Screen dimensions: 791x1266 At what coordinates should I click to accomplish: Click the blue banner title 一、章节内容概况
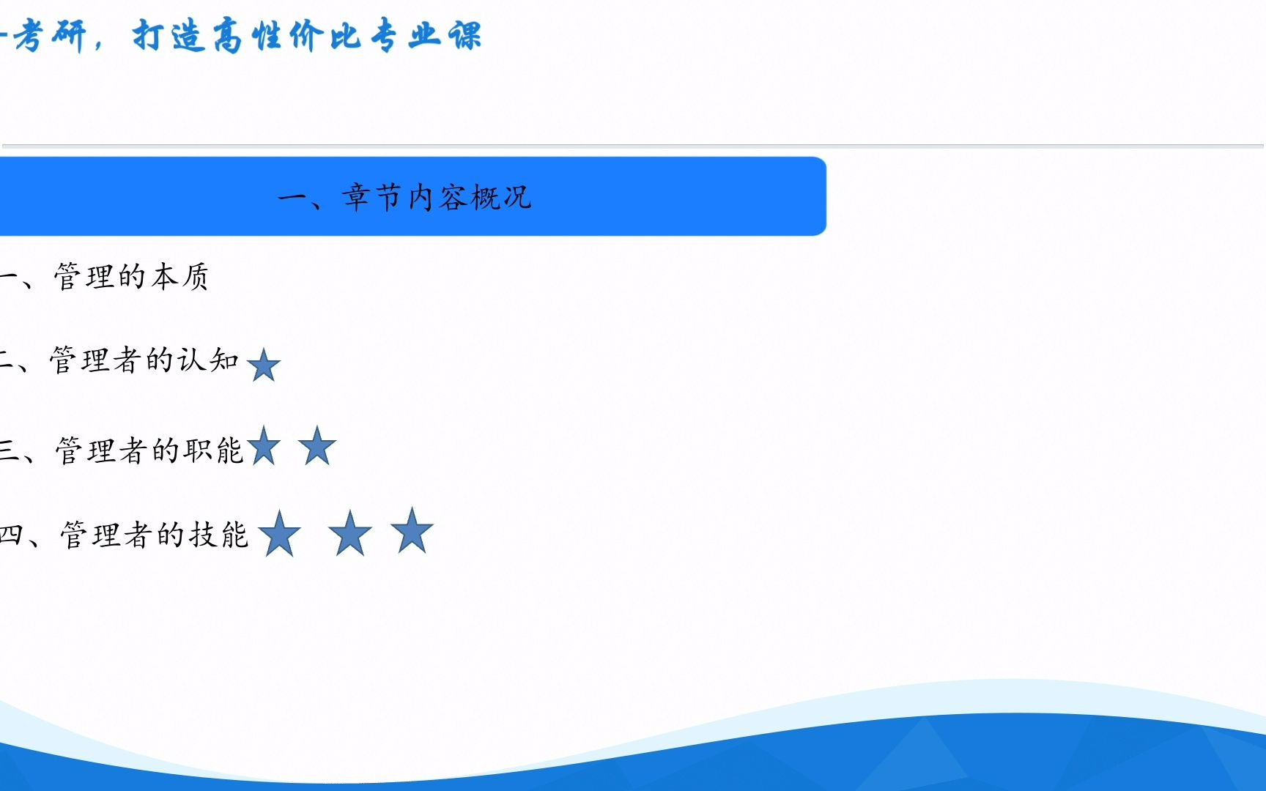405,197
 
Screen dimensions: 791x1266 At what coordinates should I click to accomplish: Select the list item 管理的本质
131,277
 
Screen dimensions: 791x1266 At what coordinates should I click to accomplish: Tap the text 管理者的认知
144,360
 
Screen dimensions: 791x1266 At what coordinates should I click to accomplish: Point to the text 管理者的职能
149,450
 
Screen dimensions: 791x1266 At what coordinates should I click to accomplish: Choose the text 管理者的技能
154,535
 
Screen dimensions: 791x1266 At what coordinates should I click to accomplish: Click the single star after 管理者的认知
264,365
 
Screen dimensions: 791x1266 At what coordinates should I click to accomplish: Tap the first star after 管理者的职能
264,447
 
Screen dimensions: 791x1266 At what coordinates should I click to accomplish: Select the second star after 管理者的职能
317,447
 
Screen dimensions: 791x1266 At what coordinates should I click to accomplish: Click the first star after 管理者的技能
279,534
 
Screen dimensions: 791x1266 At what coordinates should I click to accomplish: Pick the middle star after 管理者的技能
350,534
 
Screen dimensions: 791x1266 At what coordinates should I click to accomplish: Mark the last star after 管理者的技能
412,531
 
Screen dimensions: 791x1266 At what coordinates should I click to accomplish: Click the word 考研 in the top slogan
50,35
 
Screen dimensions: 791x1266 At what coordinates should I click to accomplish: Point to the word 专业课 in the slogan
425,35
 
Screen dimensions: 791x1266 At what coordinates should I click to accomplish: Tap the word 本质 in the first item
180,277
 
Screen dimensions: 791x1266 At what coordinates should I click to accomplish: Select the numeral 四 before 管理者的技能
10,535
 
